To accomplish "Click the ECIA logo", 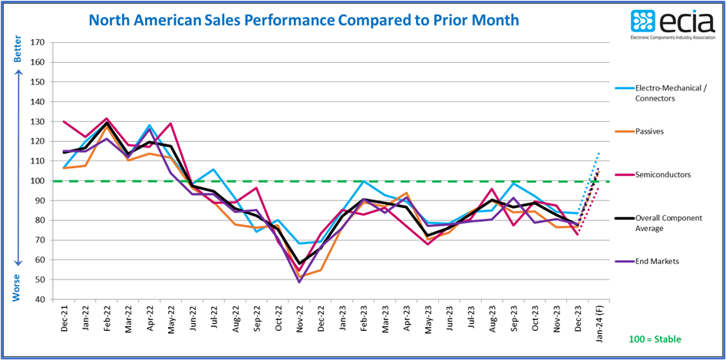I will pyautogui.click(x=672, y=25).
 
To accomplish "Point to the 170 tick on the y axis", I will pyautogui.click(x=36, y=42).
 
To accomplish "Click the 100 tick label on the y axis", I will pyautogui.click(x=36, y=181).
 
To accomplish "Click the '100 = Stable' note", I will pyautogui.click(x=655, y=339).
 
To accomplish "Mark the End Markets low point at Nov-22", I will pyautogui.click(x=298, y=282).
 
